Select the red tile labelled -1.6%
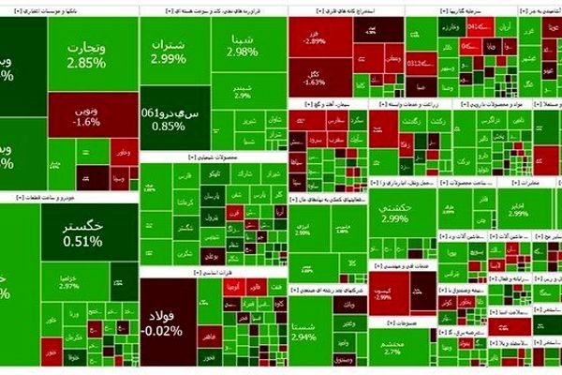pos(86,116)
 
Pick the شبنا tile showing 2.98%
pos(241,45)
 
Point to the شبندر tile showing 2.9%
pos(243,90)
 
